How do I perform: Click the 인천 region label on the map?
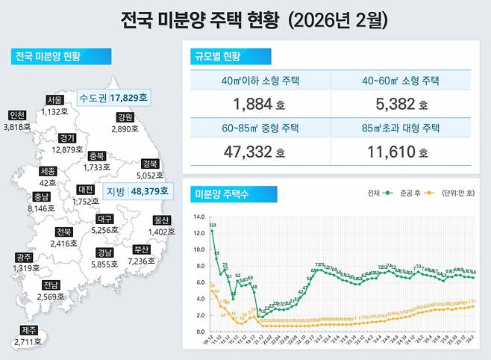(16, 115)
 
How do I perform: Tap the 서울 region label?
(54, 100)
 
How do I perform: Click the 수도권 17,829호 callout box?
(114, 98)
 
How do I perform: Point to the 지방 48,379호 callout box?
(135, 190)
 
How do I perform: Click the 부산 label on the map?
(140, 249)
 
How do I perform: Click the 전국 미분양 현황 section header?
(61, 57)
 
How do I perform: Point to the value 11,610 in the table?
(395, 152)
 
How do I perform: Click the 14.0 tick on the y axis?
(199, 217)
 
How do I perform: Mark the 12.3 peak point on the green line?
(212, 230)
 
